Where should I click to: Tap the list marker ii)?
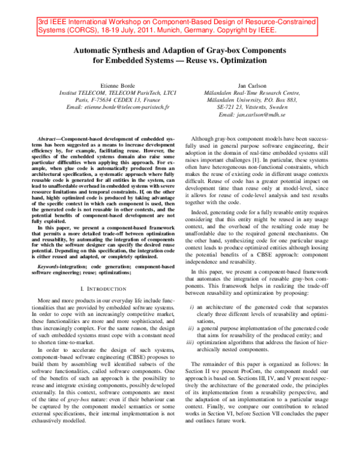(191, 328)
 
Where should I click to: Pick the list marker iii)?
(190, 343)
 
